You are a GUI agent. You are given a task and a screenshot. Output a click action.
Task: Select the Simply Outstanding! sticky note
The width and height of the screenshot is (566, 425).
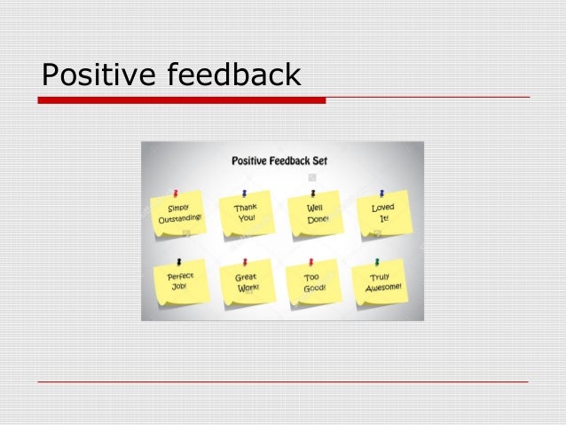point(180,214)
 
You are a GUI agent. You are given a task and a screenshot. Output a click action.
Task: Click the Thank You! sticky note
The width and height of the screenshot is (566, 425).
point(246,213)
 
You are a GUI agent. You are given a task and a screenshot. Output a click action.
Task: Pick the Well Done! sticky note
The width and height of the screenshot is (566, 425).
point(316,213)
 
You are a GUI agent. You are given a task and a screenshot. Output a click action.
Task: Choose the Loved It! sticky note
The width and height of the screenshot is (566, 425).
point(384,213)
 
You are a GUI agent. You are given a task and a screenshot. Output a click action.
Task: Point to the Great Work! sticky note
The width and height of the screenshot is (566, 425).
point(247,283)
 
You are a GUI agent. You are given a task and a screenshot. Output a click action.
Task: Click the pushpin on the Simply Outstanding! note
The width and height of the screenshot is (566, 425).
point(176,193)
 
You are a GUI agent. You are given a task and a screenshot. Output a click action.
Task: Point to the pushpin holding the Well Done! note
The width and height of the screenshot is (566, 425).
point(313,192)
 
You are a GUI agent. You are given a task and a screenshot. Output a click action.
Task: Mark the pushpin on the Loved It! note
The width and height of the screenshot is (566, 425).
point(381,192)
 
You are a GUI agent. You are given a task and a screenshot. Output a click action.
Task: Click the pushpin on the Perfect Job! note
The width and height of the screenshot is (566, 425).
point(179,262)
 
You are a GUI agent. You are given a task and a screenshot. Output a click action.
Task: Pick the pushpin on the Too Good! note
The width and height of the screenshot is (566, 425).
point(313,262)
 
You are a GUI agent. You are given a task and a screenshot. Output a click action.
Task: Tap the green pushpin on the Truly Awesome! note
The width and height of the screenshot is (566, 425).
point(377,262)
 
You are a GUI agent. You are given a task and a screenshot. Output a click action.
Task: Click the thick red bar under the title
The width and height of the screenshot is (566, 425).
point(181,100)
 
